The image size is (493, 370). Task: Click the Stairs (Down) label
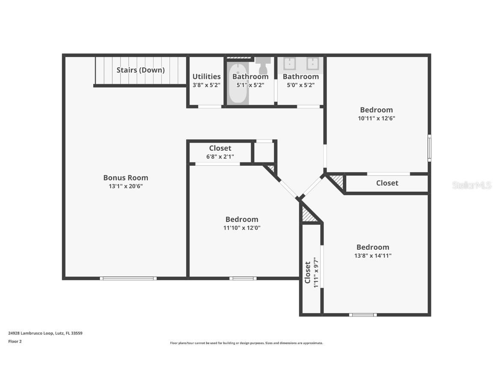pos(140,70)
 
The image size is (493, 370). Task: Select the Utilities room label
pos(206,77)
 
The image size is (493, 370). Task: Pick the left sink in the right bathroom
pos(289,63)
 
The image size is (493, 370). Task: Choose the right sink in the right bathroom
pos(312,63)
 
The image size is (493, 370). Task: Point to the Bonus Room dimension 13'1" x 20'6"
pos(125,186)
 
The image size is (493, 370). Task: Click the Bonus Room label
pos(125,178)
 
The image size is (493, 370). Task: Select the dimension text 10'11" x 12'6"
pos(376,118)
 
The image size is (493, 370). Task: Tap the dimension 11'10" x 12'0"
pos(242,228)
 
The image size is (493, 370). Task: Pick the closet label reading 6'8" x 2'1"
pos(220,156)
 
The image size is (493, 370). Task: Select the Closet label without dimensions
pos(387,183)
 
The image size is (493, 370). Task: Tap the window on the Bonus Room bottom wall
pos(128,278)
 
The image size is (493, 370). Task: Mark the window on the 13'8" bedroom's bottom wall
pos(363,315)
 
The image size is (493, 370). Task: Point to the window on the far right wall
pos(429,148)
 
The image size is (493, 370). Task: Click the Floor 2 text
pos(15,341)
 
